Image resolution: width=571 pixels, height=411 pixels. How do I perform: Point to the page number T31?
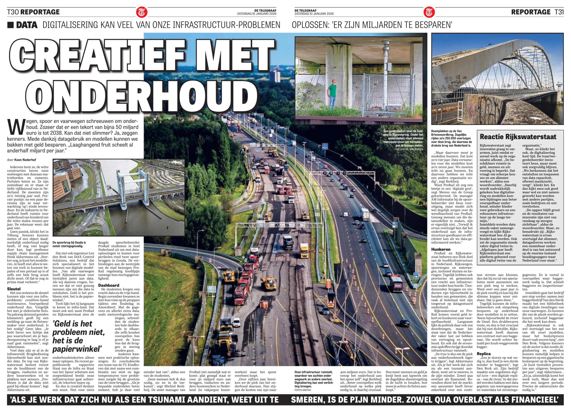point(559,12)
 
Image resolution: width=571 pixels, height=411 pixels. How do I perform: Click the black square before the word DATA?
point(10,25)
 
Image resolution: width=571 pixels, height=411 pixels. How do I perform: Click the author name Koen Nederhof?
point(25,160)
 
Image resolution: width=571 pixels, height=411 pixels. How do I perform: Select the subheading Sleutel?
point(14,289)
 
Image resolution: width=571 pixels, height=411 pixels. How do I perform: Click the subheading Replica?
point(484,354)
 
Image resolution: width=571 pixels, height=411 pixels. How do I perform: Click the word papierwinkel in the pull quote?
point(77,349)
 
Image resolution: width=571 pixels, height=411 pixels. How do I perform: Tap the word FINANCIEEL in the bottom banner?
point(530,400)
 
